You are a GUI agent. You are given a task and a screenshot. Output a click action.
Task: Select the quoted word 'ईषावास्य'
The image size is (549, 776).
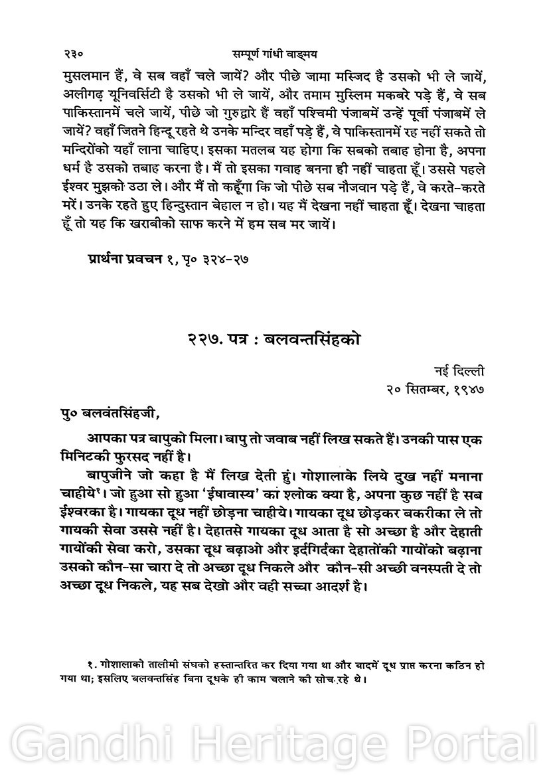pos(230,493)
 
